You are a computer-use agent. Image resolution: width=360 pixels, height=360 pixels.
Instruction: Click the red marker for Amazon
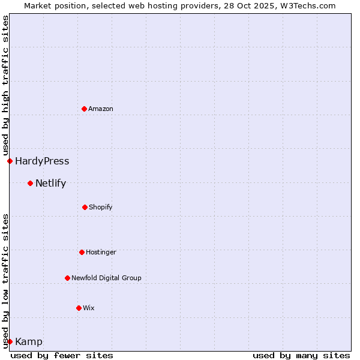pos(85,109)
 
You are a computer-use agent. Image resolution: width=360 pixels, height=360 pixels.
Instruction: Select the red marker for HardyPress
pos(10,161)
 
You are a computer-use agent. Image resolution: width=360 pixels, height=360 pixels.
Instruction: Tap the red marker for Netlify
pos(30,183)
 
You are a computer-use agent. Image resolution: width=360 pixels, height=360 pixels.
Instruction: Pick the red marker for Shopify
pos(85,207)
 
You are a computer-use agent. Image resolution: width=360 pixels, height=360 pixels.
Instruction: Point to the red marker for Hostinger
pos(82,252)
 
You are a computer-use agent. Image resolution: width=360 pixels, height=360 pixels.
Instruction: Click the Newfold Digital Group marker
pos(67,278)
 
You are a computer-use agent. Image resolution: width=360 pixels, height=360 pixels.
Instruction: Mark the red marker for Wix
pos(79,308)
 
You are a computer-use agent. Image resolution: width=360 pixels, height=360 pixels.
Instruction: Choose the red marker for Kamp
pos(10,341)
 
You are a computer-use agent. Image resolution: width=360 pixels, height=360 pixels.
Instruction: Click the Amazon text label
pos(101,109)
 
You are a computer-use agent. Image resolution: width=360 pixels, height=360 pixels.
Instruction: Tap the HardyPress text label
pos(42,161)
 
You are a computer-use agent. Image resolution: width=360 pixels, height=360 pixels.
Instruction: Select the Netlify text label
pos(50,183)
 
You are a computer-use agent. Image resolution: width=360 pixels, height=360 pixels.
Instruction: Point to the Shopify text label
pos(101,207)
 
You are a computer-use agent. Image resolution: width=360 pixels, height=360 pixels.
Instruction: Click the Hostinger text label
pos(101,252)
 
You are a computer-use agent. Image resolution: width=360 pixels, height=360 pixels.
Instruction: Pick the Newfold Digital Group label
pos(106,278)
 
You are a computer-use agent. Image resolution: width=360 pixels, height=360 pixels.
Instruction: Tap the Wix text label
pos(89,308)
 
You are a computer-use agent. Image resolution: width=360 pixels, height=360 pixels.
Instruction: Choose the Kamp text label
pos(29,341)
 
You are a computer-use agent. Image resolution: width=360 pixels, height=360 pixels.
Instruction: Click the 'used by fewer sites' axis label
pos(62,355)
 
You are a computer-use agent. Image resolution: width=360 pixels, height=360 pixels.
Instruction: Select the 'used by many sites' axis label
pos(301,355)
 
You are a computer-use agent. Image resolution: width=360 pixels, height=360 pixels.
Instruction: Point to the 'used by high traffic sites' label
pos(5,85)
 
